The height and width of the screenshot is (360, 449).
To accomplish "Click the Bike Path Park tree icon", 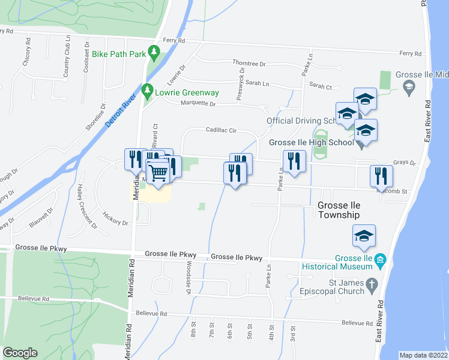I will click(154, 54).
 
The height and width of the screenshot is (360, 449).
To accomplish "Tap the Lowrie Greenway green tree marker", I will click(148, 93).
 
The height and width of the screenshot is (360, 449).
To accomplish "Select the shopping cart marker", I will click(158, 173).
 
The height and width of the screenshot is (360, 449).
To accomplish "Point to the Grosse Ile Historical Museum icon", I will click(379, 260).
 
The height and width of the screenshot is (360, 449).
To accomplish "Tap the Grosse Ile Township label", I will click(338, 210).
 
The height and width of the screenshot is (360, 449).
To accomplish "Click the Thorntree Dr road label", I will click(249, 63).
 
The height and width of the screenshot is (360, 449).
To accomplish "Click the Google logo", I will click(20, 353).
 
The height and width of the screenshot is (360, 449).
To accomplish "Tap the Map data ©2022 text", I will click(423, 355).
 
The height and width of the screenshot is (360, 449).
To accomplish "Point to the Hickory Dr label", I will click(116, 218).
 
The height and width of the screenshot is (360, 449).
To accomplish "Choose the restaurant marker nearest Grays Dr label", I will click(381, 176).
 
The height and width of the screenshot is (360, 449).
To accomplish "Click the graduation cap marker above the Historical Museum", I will click(364, 236).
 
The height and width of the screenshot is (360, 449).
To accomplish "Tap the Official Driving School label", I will click(301, 121).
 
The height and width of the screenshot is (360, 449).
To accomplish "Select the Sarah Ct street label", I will click(321, 87).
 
